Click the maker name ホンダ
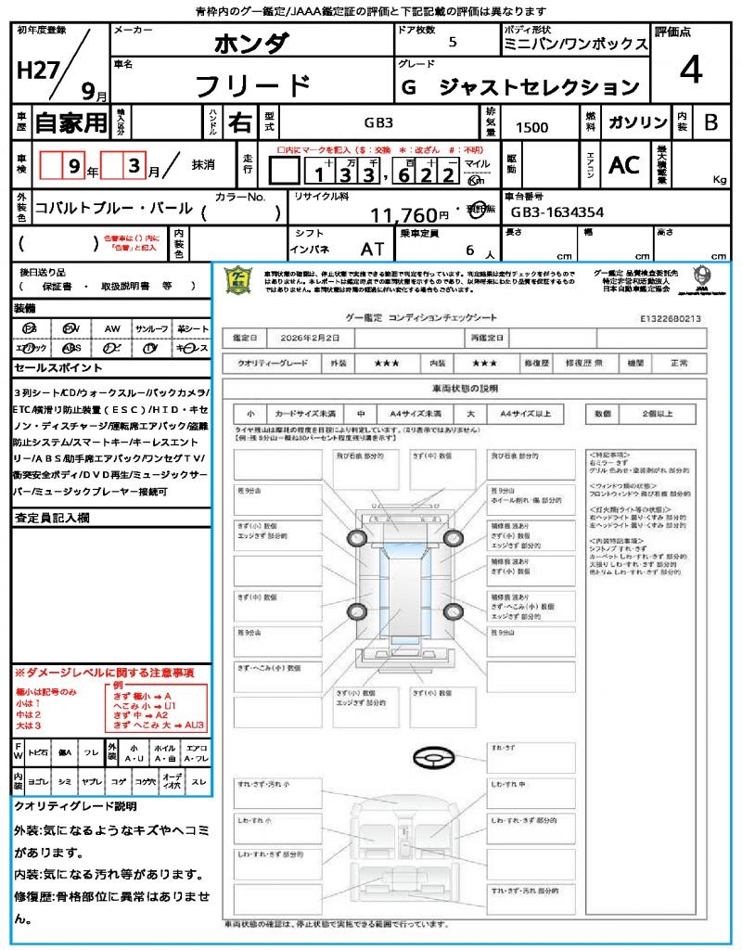[x=251, y=44]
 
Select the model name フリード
[x=251, y=85]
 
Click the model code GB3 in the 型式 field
[x=377, y=122]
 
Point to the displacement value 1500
[x=531, y=128]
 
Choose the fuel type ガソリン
[x=637, y=122]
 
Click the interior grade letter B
[x=710, y=122]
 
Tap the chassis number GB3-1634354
[x=557, y=212]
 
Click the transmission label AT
[x=373, y=249]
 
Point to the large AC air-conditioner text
[x=624, y=165]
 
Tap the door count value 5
[x=452, y=43]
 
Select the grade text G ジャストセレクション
[x=519, y=88]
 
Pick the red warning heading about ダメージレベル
[x=104, y=672]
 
